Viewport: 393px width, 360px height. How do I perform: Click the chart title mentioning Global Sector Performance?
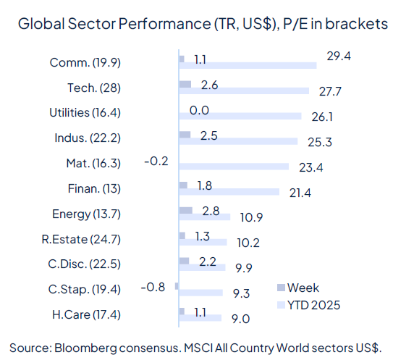click(x=202, y=24)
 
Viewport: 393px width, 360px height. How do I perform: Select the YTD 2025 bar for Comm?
click(x=247, y=65)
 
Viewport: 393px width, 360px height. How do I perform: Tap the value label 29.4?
click(x=338, y=56)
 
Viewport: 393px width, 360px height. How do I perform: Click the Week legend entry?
click(x=303, y=288)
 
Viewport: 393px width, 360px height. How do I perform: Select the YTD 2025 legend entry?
click(x=313, y=304)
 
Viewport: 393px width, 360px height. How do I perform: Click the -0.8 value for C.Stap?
click(x=153, y=287)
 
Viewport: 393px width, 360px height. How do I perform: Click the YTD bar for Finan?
click(x=228, y=192)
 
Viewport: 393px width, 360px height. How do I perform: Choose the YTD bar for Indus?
click(x=237, y=141)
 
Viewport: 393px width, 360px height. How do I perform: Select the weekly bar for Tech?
click(x=185, y=85)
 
